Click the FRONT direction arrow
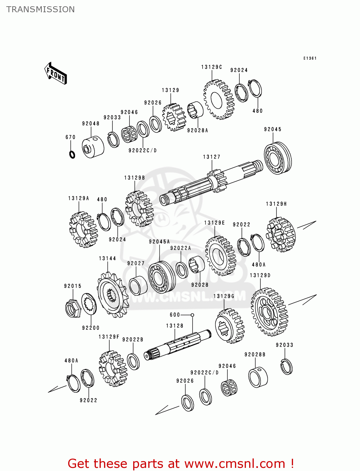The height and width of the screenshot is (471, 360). pyautogui.click(x=56, y=73)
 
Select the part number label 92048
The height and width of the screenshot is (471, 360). pyautogui.click(x=91, y=124)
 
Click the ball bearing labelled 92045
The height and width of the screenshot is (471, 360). pyautogui.click(x=277, y=158)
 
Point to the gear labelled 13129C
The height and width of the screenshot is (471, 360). pyautogui.click(x=219, y=100)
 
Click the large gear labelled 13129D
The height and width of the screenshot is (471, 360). pyautogui.click(x=269, y=312)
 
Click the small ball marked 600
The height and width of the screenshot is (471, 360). pyautogui.click(x=193, y=315)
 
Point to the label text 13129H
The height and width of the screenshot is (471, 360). pyautogui.click(x=276, y=204)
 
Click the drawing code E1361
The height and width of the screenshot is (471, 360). pyautogui.click(x=310, y=58)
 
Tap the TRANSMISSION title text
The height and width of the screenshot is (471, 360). pyautogui.click(x=41, y=9)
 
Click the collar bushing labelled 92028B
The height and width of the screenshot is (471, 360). pyautogui.click(x=258, y=377)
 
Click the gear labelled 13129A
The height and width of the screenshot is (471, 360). pyautogui.click(x=83, y=229)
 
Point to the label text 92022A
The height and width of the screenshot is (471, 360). pyautogui.click(x=181, y=248)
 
